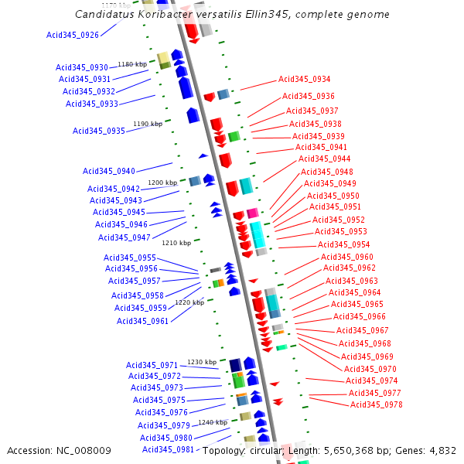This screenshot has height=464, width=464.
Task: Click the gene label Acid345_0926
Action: (73, 35)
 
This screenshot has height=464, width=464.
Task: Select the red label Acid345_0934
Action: (305, 79)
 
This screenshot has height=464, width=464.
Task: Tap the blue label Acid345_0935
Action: (99, 131)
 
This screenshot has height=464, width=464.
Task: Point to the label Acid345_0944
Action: (325, 159)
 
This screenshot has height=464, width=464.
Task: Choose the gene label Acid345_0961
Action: (142, 321)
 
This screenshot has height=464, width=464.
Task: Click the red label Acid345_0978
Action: (377, 404)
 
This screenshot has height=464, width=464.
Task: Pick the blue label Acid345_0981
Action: (168, 449)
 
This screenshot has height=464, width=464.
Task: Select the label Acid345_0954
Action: (344, 244)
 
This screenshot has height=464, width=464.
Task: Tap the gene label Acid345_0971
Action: (152, 364)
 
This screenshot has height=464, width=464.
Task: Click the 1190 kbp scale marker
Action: (148, 124)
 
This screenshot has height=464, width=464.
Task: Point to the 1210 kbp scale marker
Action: (176, 243)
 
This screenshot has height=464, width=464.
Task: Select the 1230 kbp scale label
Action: (202, 362)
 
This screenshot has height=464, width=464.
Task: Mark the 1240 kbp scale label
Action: (213, 422)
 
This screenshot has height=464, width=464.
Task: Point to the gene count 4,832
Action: (442, 450)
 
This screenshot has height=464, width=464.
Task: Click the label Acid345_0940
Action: (109, 171)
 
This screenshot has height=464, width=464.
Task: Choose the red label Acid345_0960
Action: (347, 257)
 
